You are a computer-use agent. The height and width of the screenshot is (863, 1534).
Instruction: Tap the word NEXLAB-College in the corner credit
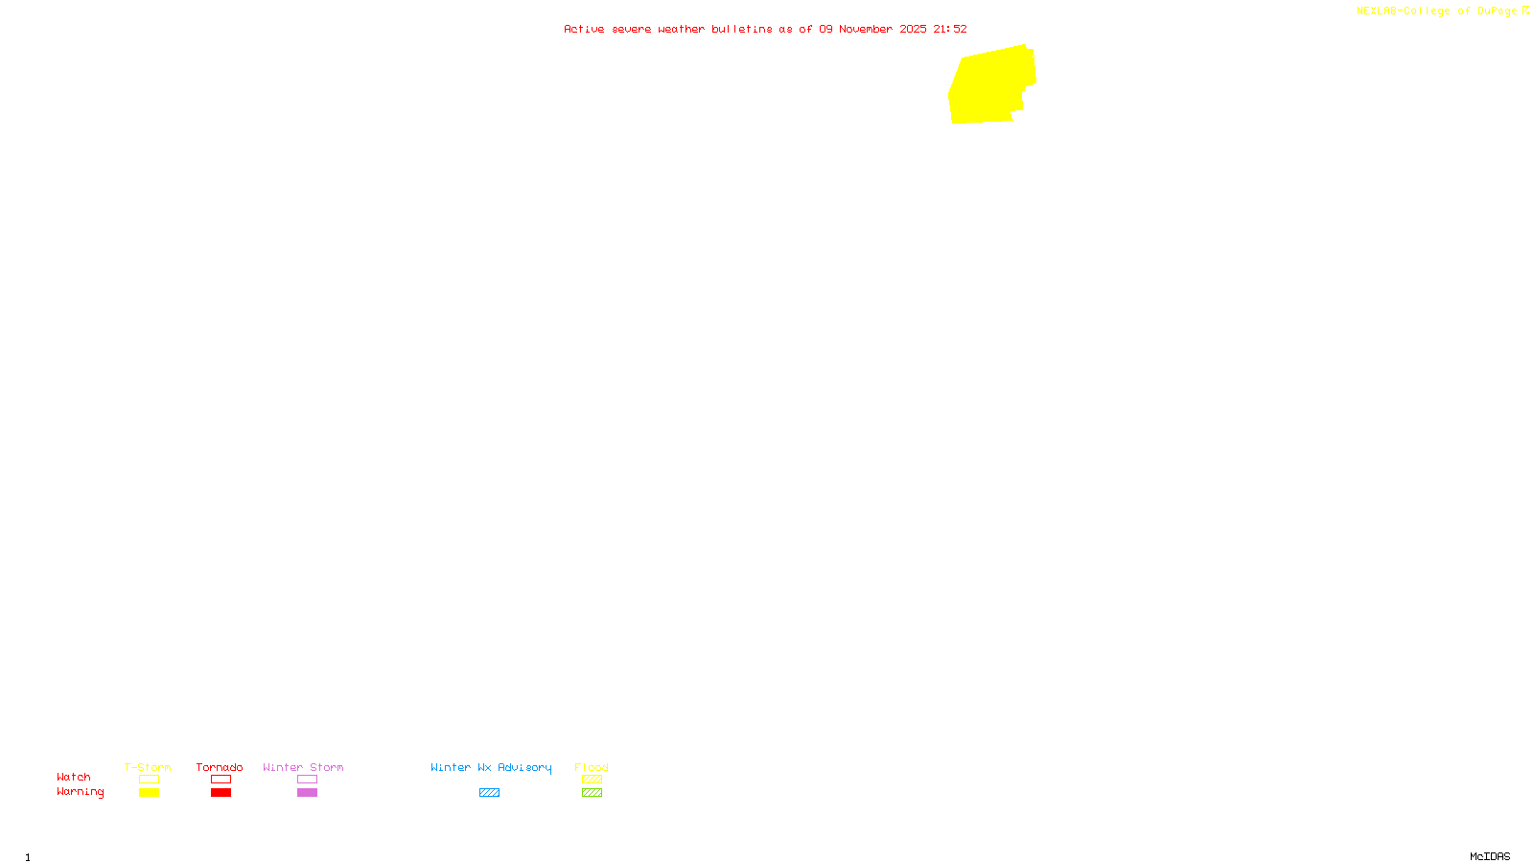coord(1403,12)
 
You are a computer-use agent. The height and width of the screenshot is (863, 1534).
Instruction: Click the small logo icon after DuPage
coord(1525,11)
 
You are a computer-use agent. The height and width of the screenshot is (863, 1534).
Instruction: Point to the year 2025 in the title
coord(913,29)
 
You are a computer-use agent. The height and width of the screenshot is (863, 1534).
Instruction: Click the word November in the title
coord(866,29)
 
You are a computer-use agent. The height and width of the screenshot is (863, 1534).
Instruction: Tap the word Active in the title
coord(584,29)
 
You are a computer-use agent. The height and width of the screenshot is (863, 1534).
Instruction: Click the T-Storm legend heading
coord(148,767)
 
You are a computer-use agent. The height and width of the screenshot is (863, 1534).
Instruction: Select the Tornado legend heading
coord(220,767)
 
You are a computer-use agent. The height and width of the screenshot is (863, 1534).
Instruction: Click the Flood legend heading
coord(592,767)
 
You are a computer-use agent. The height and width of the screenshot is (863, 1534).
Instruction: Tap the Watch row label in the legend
coord(74,777)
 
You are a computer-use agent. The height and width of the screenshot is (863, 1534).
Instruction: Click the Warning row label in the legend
coord(80,792)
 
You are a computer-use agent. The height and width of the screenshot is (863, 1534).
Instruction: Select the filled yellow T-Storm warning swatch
coord(149,793)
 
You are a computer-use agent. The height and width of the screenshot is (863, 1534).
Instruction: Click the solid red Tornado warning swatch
coord(221,793)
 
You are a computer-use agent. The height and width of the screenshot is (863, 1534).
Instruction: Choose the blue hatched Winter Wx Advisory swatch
coord(489,793)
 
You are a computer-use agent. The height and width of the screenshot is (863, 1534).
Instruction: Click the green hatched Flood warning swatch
coord(592,793)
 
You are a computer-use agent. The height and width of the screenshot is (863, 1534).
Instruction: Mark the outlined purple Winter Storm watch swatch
coord(307,780)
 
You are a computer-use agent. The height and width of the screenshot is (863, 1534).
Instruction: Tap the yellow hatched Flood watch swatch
coord(592,780)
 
